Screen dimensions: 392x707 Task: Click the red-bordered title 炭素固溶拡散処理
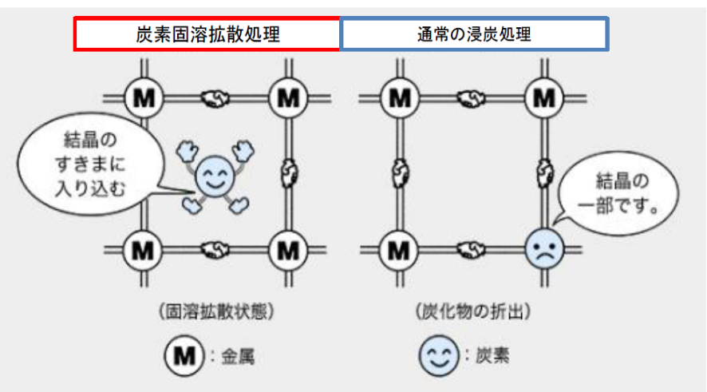(207, 35)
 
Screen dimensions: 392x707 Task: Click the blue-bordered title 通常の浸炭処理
(474, 35)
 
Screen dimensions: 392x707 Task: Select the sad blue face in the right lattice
(544, 250)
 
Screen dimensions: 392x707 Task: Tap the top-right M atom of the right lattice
(544, 99)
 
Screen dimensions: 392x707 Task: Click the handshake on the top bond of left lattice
(215, 99)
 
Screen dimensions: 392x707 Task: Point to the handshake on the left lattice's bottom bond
(215, 250)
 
